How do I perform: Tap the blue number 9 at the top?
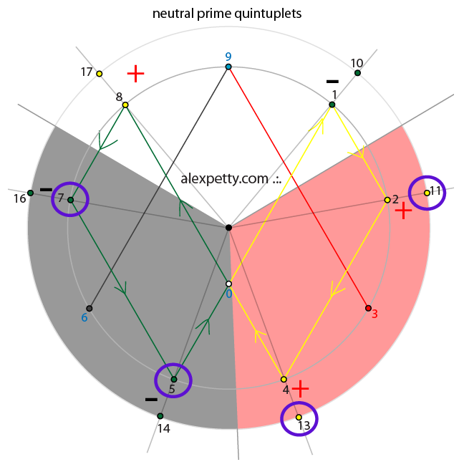click(x=228, y=57)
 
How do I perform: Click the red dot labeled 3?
click(x=368, y=308)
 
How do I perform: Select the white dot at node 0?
click(x=228, y=284)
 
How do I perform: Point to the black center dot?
click(x=228, y=228)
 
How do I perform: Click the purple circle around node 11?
click(x=427, y=192)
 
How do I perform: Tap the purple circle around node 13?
click(x=299, y=421)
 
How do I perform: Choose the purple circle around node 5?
click(x=173, y=380)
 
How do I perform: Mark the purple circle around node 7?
click(x=70, y=200)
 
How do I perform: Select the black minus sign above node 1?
click(x=332, y=81)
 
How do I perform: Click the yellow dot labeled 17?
click(x=100, y=74)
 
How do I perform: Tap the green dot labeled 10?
click(x=357, y=73)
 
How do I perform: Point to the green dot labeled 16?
click(x=30, y=193)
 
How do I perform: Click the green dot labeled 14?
click(x=160, y=415)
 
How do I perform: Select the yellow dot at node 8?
click(x=125, y=105)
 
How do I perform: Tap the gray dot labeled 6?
click(x=90, y=309)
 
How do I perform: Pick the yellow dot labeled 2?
click(x=387, y=200)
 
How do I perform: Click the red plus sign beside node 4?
click(x=301, y=389)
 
